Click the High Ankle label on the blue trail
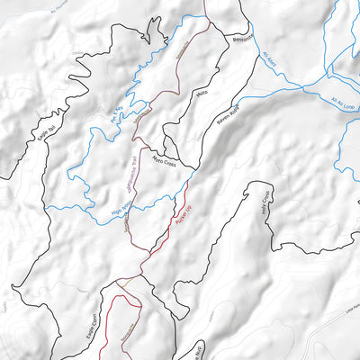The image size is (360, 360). click(x=120, y=209)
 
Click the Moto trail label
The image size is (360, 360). click(x=202, y=92)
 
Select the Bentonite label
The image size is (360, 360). click(x=242, y=40)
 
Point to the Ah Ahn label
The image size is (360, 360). click(x=271, y=63)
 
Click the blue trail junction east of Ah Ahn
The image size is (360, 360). click(x=307, y=87)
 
